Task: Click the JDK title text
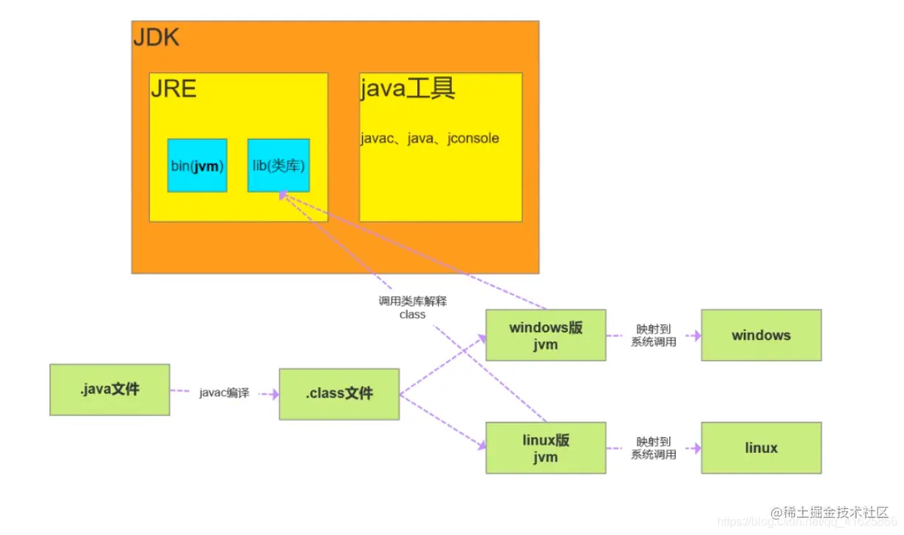(156, 37)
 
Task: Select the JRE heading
(174, 89)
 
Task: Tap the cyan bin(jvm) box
(197, 166)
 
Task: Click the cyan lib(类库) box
(278, 166)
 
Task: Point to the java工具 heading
(408, 89)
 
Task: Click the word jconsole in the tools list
(473, 138)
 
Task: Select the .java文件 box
(109, 389)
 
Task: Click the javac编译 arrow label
(224, 393)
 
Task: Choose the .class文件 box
(339, 394)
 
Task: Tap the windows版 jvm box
(546, 335)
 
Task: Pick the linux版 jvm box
(546, 448)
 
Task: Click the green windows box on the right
(761, 335)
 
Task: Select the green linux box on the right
(761, 448)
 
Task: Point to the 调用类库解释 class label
(413, 307)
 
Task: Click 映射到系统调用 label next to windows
(654, 335)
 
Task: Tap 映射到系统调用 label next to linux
(654, 448)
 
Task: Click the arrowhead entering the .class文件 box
(275, 395)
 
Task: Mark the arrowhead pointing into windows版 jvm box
(482, 338)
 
